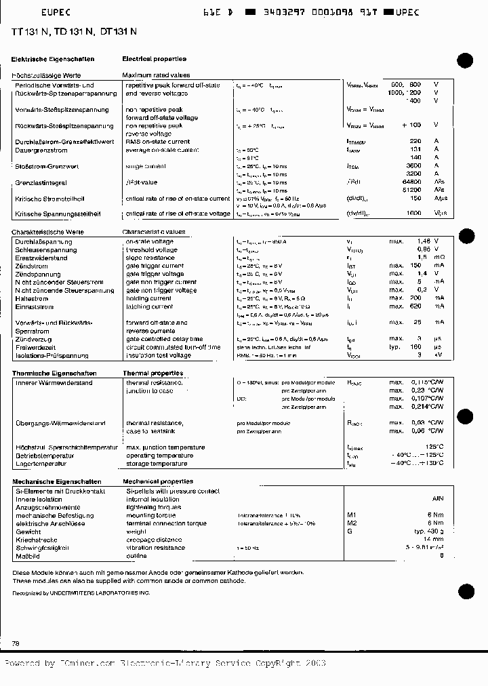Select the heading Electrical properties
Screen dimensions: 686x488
click(x=154, y=60)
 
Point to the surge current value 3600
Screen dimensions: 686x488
click(x=413, y=165)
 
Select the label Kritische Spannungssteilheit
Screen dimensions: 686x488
click(x=58, y=214)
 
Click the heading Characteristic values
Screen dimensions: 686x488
click(x=153, y=232)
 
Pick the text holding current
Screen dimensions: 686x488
click(x=148, y=298)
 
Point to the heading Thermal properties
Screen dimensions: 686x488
click(x=152, y=374)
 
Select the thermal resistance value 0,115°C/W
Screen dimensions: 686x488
click(x=427, y=383)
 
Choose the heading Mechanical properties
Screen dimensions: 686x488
click(x=159, y=481)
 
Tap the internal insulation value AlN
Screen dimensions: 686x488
click(x=437, y=498)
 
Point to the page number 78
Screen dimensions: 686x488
click(x=16, y=642)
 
